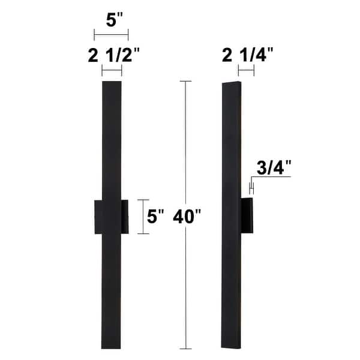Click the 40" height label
point(187,217)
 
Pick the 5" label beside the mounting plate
point(156,217)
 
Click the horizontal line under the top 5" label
point(111,34)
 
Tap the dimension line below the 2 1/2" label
point(112,71)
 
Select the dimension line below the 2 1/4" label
point(246,71)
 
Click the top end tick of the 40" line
point(185,81)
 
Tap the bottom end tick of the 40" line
point(185,347)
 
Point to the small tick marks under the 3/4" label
point(252,188)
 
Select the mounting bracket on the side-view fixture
point(247,217)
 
